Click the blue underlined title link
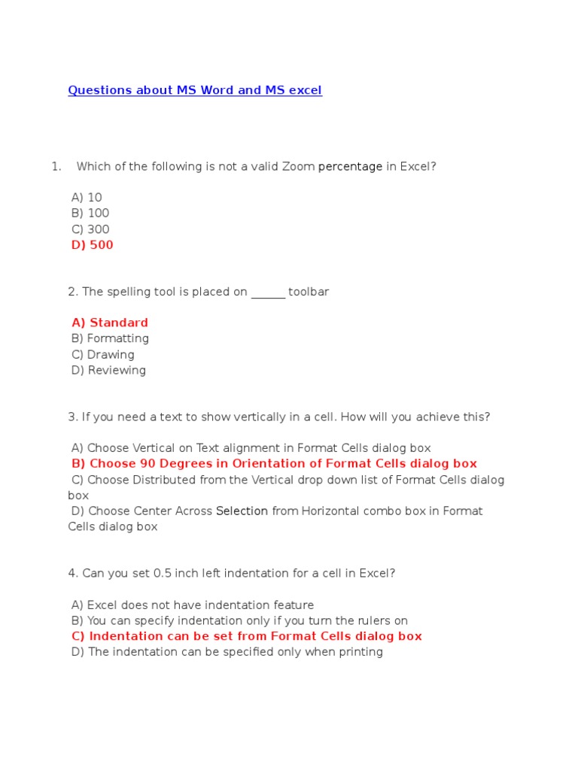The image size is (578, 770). pos(195,90)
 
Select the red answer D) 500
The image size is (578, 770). pos(93,245)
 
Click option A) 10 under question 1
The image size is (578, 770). pos(87,198)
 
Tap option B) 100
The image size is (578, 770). pos(90,214)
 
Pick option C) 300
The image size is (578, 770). pos(90,229)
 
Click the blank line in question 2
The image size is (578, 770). pos(268,293)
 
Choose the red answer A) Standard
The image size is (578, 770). pos(110,323)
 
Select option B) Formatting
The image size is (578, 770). pos(110,339)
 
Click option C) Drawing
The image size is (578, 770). pos(103,355)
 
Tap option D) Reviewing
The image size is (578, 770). pos(108,371)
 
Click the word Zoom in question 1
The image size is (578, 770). pos(298,167)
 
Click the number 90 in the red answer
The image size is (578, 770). pos(148,464)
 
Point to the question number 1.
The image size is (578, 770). pos(56,167)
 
